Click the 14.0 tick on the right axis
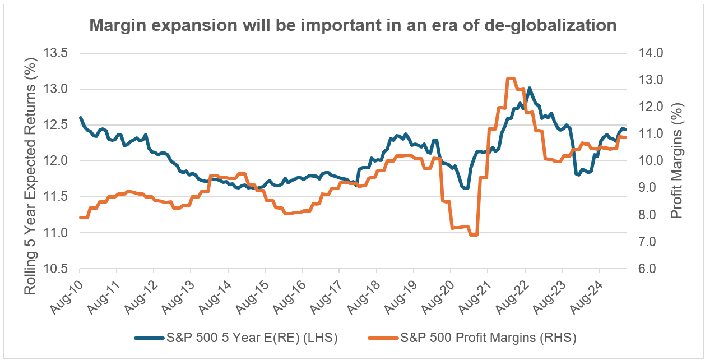[x=650, y=53]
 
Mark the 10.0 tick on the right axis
[x=650, y=161]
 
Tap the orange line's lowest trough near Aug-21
[x=474, y=234]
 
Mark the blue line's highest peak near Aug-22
[x=529, y=88]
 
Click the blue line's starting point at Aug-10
[x=80, y=118]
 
